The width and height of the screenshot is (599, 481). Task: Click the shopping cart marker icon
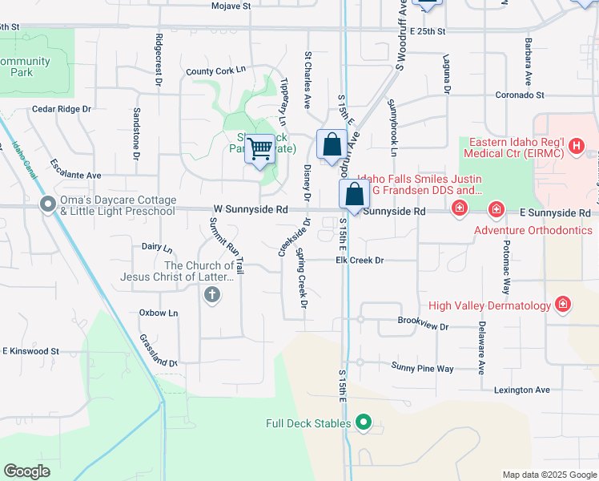point(260,148)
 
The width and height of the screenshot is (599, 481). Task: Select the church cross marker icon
point(212,295)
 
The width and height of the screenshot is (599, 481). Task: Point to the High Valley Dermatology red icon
point(564,305)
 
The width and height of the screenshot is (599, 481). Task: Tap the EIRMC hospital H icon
point(576,145)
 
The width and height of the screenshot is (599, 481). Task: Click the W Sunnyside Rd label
point(251,209)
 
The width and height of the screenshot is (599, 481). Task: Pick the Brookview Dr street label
point(424,327)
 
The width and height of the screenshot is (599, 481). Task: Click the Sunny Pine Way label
point(422,368)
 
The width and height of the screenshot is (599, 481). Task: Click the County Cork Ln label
point(215,71)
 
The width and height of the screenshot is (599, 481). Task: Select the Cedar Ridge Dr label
point(62,109)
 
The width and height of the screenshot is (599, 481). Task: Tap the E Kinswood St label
point(31,351)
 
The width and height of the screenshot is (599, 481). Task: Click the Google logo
point(26,471)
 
